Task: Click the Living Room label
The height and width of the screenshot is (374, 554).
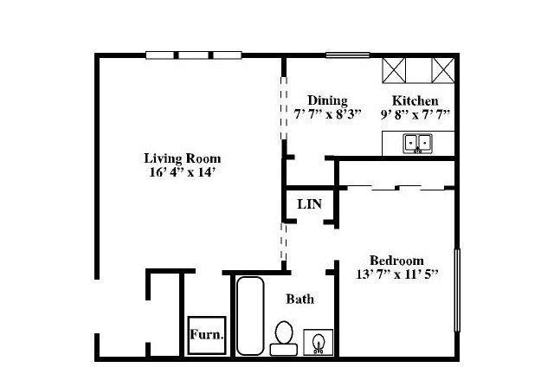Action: [183, 158]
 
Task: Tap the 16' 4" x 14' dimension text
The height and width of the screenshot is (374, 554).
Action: [183, 172]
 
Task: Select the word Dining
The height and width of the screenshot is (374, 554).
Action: [327, 100]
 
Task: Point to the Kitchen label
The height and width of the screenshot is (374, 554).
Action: [415, 101]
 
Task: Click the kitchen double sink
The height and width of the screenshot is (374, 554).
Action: [417, 144]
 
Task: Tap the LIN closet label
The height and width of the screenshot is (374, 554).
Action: [310, 204]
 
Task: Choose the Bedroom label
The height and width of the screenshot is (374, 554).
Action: [396, 261]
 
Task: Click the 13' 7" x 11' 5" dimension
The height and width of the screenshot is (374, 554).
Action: [396, 274]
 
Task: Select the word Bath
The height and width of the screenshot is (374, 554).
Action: [300, 299]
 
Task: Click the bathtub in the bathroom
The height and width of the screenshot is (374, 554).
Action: [250, 316]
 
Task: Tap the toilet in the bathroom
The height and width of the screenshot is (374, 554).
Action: [284, 338]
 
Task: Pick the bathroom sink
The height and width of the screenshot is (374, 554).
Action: [319, 342]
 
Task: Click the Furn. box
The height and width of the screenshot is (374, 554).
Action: [207, 335]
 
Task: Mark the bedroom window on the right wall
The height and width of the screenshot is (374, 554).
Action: [457, 290]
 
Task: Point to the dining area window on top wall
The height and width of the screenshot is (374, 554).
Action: [348, 55]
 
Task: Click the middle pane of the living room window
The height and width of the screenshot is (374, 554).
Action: [193, 55]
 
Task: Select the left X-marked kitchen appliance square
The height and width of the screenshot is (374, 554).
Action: [394, 71]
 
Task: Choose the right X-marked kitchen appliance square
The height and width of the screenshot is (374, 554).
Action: [443, 71]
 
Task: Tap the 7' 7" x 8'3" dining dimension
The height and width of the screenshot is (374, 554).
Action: [327, 114]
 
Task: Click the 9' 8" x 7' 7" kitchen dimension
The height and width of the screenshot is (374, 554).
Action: [415, 115]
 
